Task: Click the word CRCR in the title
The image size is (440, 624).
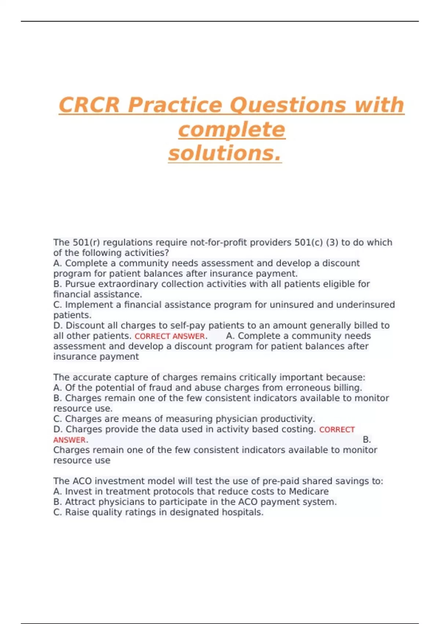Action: pyautogui.click(x=89, y=105)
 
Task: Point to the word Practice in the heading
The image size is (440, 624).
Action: pyautogui.click(x=175, y=105)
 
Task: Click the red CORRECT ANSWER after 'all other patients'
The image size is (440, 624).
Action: pyautogui.click(x=170, y=336)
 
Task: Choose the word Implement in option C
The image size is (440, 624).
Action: pyautogui.click(x=85, y=305)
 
